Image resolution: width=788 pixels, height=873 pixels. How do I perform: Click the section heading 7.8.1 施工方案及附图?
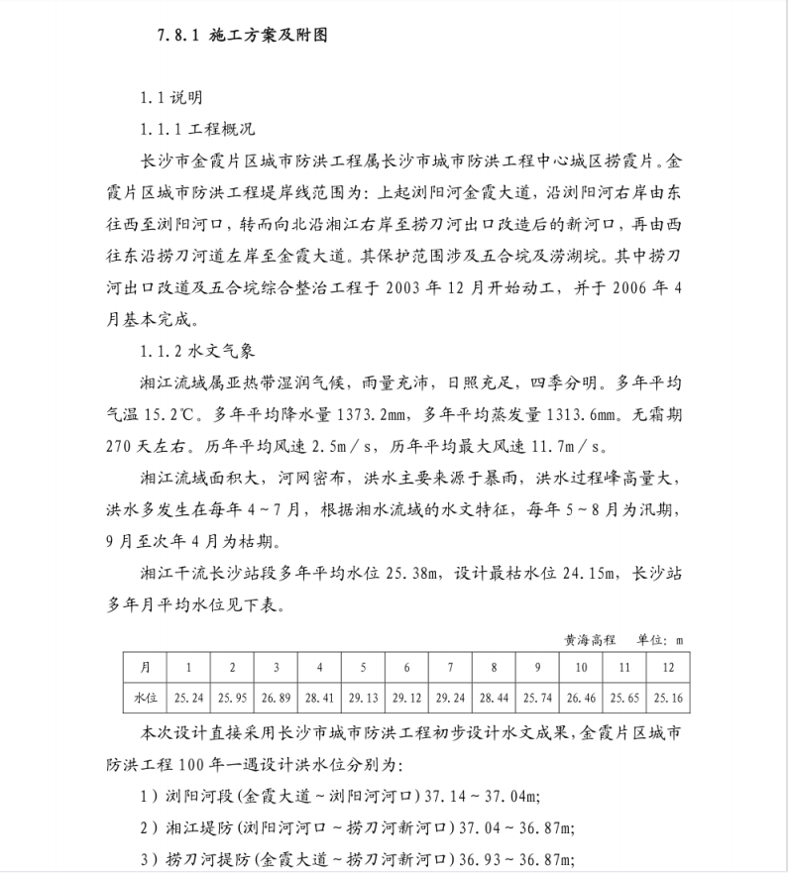[241, 36]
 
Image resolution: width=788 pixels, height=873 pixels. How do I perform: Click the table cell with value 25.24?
[188, 698]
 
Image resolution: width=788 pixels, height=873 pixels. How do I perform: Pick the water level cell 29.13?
[363, 698]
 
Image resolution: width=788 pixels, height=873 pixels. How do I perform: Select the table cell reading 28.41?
[319, 698]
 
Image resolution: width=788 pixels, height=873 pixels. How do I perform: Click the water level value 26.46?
[581, 698]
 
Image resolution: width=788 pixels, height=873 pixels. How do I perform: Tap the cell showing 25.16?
[668, 698]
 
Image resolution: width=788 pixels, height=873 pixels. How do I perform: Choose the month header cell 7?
[450, 667]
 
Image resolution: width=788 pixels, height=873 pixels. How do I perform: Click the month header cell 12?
[668, 667]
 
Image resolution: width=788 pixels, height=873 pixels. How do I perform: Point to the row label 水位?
[145, 698]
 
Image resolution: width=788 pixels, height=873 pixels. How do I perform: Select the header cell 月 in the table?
[145, 667]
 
